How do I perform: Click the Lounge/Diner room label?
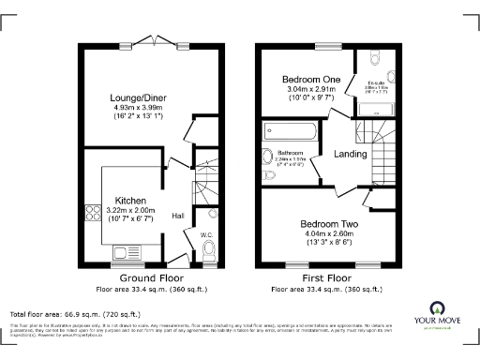[150, 97]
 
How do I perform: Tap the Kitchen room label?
[129, 200]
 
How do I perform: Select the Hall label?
[178, 217]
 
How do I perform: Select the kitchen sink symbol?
[123, 251]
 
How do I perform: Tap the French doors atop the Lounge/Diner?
[150, 40]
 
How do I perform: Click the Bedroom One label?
[309, 81]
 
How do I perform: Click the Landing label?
[351, 154]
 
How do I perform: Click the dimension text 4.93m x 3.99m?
[150, 107]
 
